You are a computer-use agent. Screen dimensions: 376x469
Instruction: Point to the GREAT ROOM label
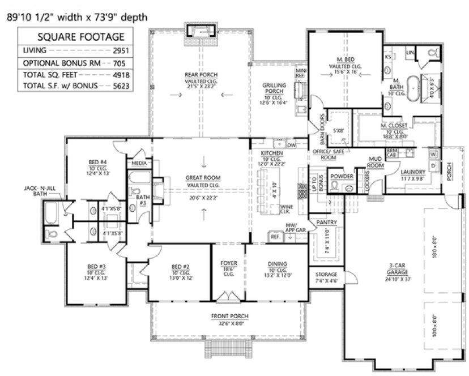203,178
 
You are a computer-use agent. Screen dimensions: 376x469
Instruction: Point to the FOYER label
229,263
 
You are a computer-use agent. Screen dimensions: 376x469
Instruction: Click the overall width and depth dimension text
76,17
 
